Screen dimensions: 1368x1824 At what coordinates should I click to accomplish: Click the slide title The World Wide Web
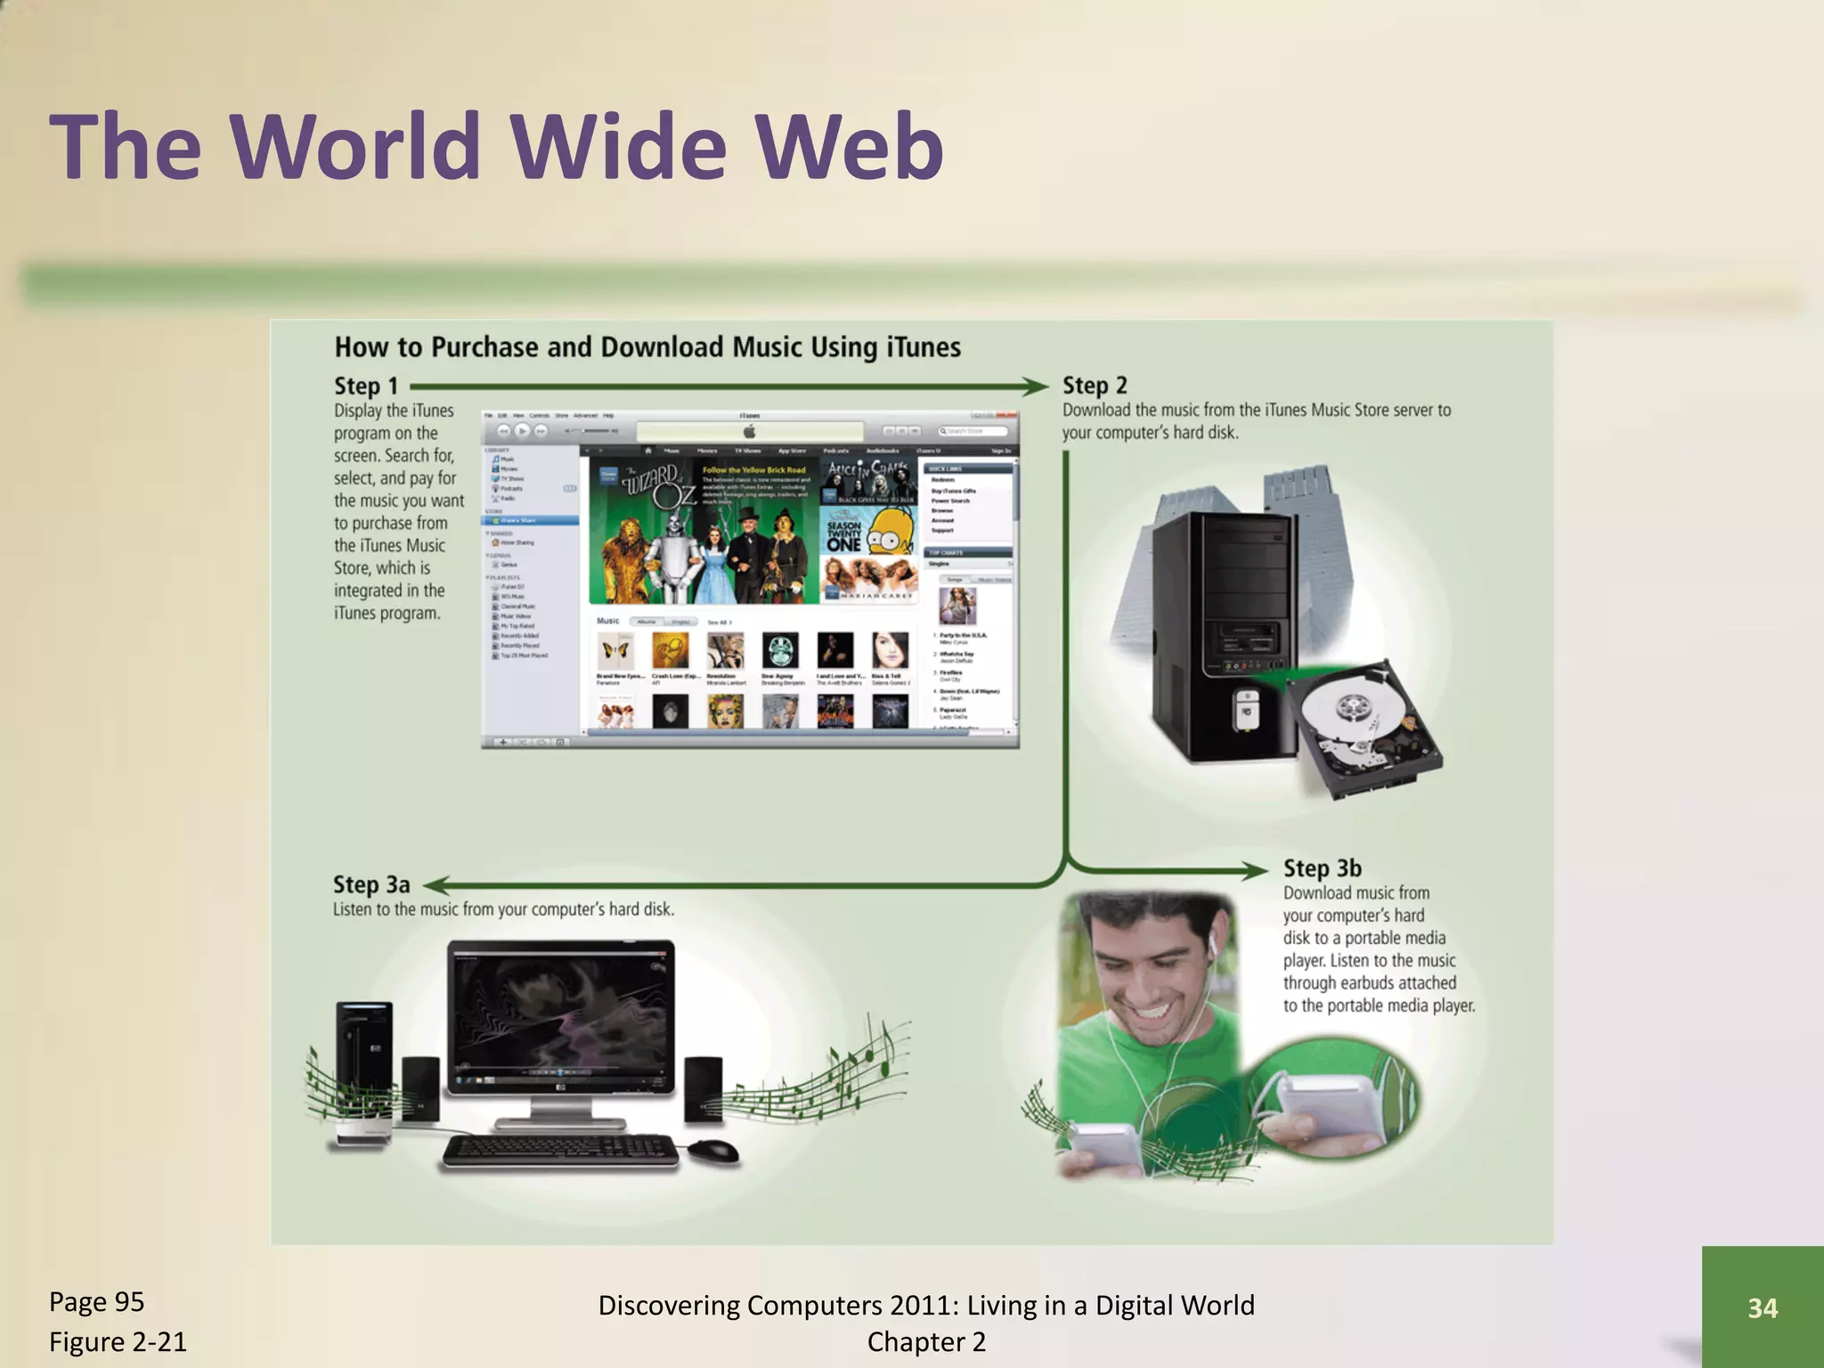pos(495,147)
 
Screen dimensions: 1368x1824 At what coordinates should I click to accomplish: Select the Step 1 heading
pos(365,387)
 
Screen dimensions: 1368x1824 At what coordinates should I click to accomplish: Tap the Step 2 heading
pos(1094,386)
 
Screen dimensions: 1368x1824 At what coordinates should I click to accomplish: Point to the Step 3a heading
pos(370,884)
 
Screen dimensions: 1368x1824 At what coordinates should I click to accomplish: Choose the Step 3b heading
pos(1322,868)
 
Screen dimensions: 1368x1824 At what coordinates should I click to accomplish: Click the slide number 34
pos(1762,1307)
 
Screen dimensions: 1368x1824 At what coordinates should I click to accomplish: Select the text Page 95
pos(96,1302)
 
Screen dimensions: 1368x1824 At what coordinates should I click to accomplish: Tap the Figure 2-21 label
pos(118,1341)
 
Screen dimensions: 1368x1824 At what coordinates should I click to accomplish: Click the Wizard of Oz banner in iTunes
pos(704,531)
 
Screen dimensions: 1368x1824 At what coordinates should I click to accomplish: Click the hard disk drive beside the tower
pos(1363,726)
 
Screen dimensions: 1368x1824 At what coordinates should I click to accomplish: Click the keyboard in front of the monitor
pos(559,1151)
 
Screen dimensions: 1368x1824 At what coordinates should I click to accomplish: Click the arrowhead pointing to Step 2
pos(1036,387)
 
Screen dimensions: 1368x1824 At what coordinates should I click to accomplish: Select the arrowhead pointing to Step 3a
pos(434,885)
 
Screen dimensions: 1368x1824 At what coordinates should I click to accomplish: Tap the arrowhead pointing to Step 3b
pos(1256,870)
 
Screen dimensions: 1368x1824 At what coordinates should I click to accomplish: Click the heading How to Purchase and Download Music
pos(647,347)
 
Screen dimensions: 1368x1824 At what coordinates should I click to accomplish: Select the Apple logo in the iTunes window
pos(749,432)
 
